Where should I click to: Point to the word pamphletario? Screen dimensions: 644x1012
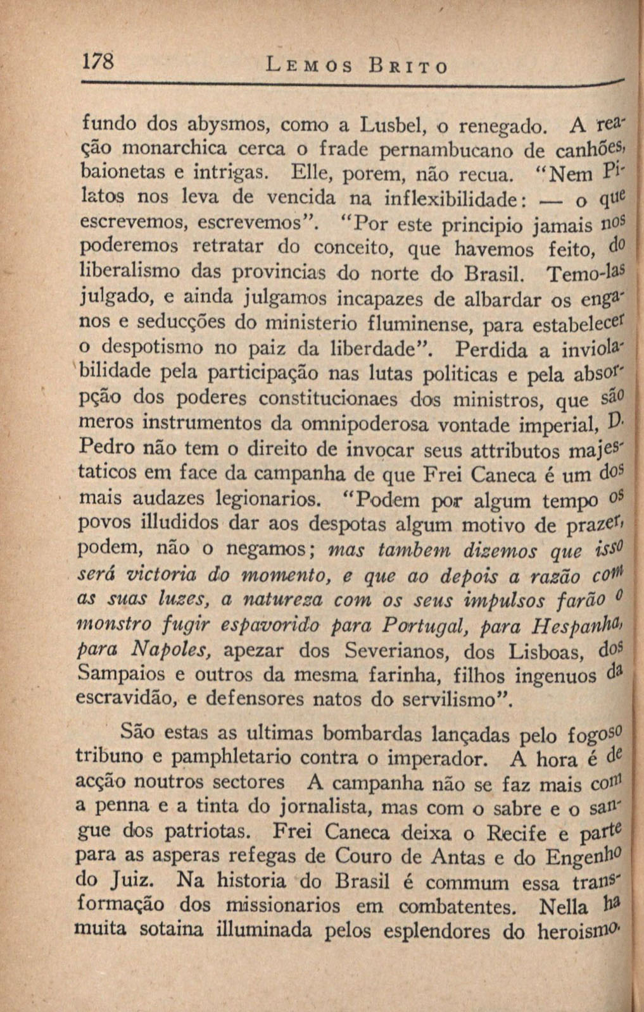(x=232, y=758)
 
